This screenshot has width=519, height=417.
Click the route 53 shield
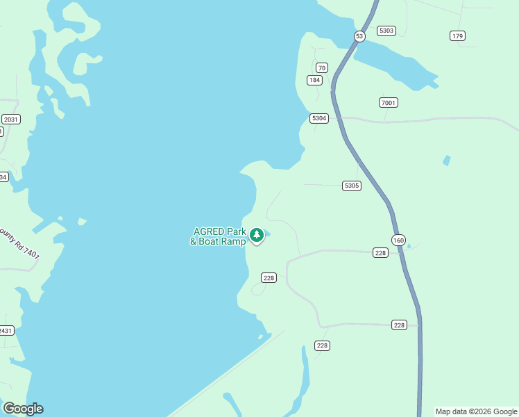tap(359, 36)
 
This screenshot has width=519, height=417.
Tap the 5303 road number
tap(386, 31)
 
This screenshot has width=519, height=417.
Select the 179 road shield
tap(457, 36)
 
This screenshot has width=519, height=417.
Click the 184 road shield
tap(315, 80)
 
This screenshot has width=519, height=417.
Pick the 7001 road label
tap(389, 103)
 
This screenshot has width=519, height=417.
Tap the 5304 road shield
tap(319, 118)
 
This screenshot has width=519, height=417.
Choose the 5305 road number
tap(352, 186)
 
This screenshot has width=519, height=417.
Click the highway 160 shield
tap(398, 240)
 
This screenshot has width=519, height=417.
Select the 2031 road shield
tap(10, 120)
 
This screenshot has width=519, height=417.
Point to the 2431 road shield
tap(6, 330)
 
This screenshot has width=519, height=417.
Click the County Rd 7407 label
tap(19, 244)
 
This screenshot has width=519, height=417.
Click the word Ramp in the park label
tap(232, 241)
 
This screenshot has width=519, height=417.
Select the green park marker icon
tap(257, 236)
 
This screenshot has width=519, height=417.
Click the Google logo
tap(23, 409)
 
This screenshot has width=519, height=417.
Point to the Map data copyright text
tap(475, 411)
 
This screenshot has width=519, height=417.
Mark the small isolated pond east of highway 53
tap(446, 161)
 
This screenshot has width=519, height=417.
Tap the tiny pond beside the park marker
tap(267, 234)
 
